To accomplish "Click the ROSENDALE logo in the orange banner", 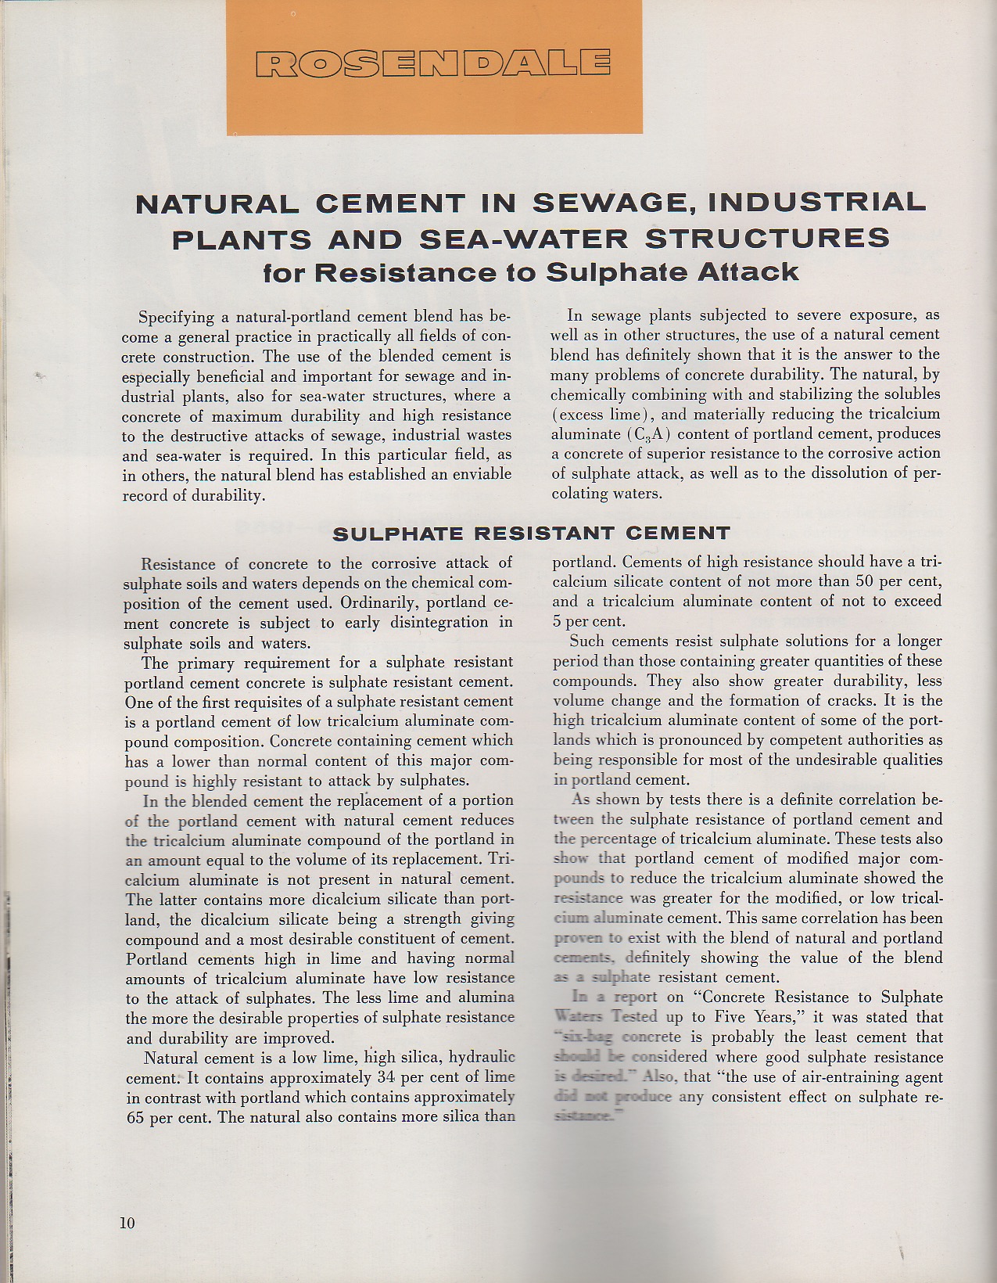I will (x=433, y=64).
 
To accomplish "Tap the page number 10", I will (x=127, y=1223).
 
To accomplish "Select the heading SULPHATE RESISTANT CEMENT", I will (x=531, y=534).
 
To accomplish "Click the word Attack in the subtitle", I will (x=752, y=272).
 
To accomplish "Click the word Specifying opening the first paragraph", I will (x=176, y=317).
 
